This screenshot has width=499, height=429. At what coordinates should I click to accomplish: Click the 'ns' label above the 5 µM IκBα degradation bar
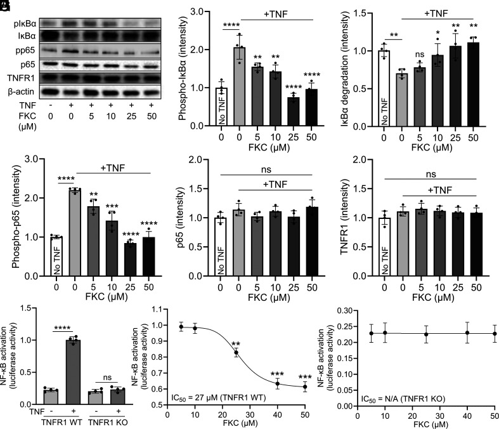click(418, 55)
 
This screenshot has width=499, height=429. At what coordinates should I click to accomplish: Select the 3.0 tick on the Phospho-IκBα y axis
click(203, 11)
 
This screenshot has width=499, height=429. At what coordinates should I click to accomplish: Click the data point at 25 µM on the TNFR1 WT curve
click(237, 352)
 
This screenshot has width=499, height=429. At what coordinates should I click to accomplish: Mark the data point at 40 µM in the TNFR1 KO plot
click(467, 333)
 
